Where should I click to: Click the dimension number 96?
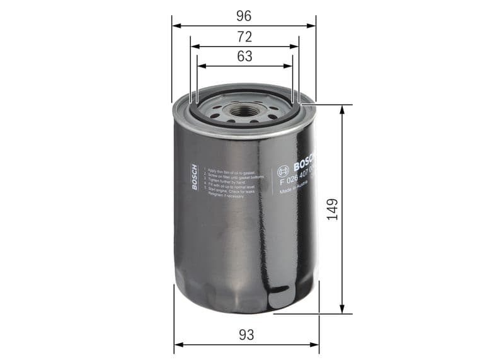[244, 14]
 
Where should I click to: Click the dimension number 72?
[244, 36]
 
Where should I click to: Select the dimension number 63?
[244, 55]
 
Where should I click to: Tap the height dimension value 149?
[333, 211]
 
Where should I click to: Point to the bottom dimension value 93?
[246, 334]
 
